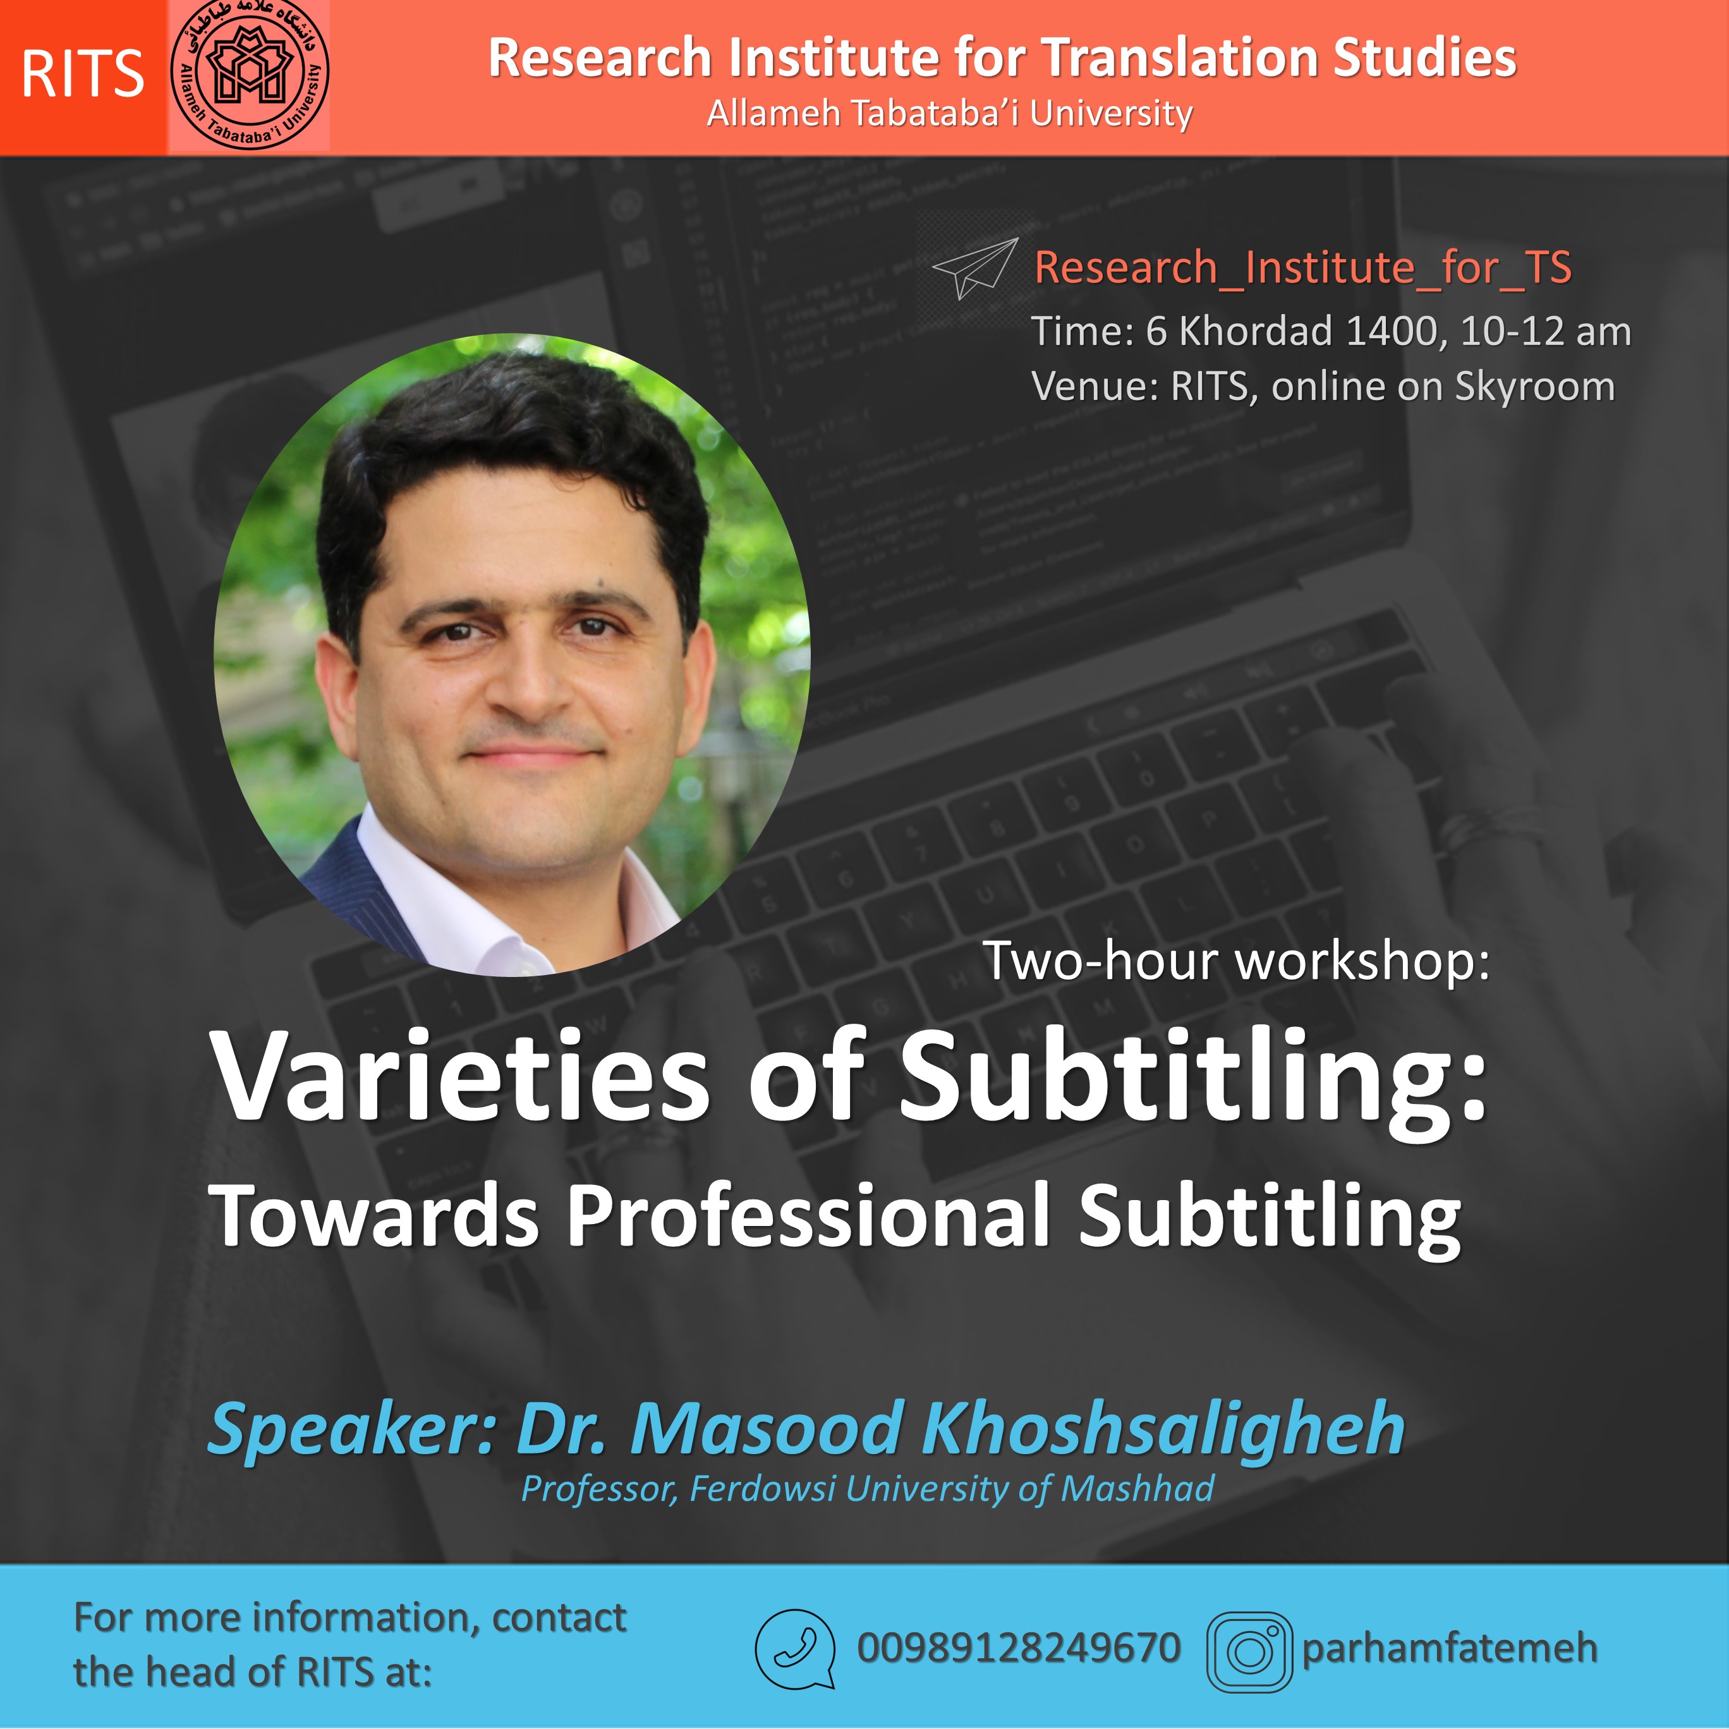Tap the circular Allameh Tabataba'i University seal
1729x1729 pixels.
click(250, 75)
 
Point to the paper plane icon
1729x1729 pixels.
click(974, 269)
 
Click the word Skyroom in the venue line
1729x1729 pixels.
click(1535, 387)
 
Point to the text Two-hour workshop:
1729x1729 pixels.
click(1236, 961)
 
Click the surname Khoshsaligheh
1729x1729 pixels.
click(1163, 1429)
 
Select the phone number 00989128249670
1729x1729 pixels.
click(1019, 1647)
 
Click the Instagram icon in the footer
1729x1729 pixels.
click(1249, 1651)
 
